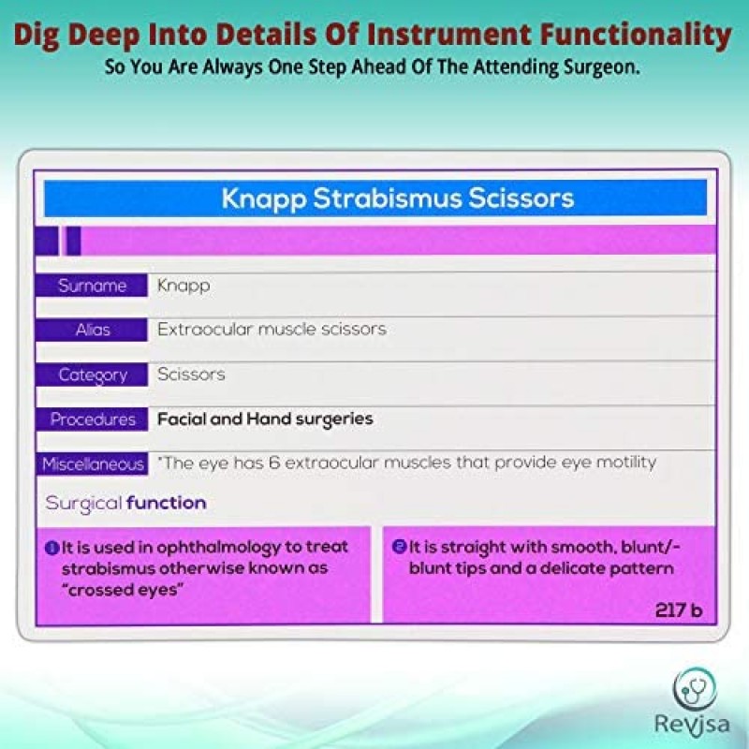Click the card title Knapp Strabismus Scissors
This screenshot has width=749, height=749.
(398, 198)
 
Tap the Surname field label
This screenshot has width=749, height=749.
(92, 286)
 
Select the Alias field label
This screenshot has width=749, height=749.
(93, 330)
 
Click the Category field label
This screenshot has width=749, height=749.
(93, 374)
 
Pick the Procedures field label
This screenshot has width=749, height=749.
(93, 419)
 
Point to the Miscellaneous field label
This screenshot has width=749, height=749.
(93, 463)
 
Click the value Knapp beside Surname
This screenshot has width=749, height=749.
(184, 286)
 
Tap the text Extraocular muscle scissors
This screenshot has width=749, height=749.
(272, 330)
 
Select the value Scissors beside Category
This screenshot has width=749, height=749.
(191, 374)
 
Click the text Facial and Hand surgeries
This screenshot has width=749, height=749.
(265, 419)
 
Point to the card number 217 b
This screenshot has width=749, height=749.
(679, 610)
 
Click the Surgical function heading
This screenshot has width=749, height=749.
(125, 503)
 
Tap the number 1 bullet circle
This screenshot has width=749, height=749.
(52, 547)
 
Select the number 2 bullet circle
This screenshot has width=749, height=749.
(400, 547)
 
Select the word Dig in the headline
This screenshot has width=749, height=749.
(41, 35)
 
